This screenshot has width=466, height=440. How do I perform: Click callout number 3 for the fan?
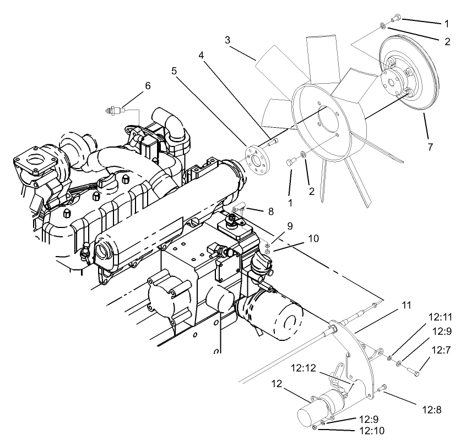click(x=227, y=40)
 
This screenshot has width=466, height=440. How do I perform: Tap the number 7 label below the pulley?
click(x=430, y=146)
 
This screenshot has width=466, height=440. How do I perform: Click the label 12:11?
click(x=440, y=317)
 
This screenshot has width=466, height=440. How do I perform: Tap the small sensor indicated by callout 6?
click(x=113, y=111)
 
